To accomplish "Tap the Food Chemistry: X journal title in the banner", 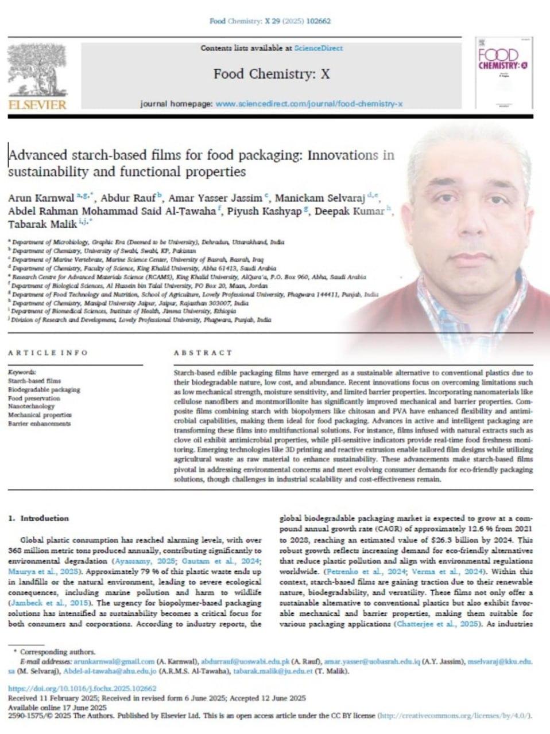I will point(272,73).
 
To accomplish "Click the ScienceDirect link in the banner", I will point(318,48).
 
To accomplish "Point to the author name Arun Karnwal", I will point(41,198).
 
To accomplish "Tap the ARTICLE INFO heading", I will point(48,353).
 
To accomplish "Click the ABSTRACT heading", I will point(203,353).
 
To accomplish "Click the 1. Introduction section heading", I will point(38,518).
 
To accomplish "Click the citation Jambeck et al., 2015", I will point(44,603).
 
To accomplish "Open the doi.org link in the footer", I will point(82,688).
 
